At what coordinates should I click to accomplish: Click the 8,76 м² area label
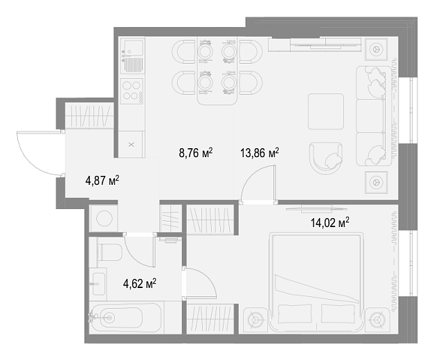coord(196,152)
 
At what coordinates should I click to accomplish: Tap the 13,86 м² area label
coord(260,152)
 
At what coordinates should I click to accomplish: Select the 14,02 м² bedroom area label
coord(329,222)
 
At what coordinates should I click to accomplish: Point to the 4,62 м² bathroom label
coord(140,284)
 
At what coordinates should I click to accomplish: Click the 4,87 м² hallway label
coord(102,181)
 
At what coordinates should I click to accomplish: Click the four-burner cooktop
coord(132,91)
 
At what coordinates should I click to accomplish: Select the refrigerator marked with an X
coord(132,144)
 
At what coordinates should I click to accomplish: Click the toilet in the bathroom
coord(109,252)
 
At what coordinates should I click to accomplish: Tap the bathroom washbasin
coord(99,284)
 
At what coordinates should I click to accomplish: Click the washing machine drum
coord(105,218)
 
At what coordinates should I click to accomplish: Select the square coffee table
coord(326,111)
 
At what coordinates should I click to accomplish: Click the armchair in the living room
coord(326,158)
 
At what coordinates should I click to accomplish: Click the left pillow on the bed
coord(295,314)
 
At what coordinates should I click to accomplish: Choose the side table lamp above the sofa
coord(376,50)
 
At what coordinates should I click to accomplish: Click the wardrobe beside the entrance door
coord(89,116)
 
